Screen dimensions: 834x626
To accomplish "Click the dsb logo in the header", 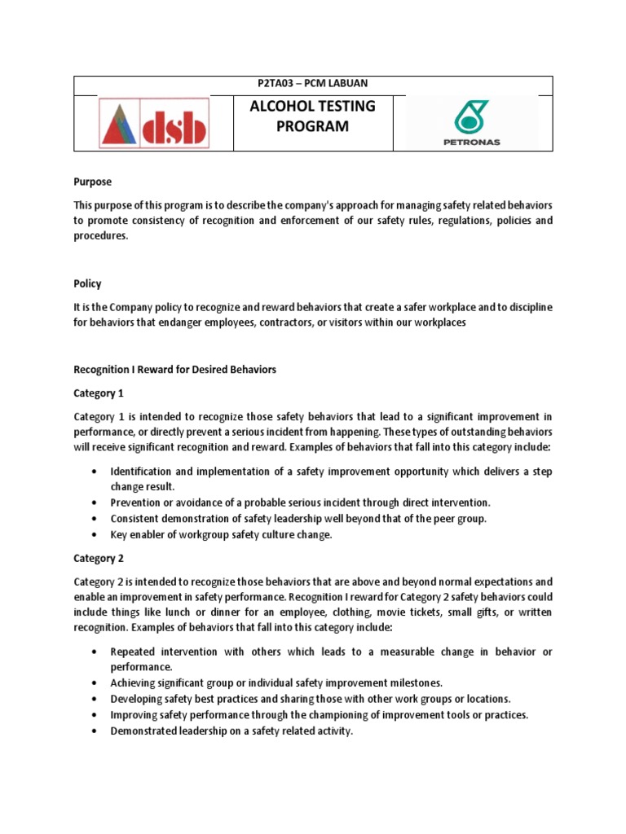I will pos(153,123).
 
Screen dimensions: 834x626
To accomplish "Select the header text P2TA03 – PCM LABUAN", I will pos(313,86).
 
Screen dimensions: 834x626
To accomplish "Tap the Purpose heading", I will pos(93,182).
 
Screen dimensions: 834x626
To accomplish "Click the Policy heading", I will pos(87,283).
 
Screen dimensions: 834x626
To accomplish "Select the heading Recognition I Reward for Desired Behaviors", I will pos(174,369).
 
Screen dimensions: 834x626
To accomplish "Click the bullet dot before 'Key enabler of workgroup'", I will pos(95,535).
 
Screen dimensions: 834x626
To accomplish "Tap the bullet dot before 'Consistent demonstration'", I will pos(95,519).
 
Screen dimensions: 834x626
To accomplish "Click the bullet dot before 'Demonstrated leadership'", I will pos(95,731).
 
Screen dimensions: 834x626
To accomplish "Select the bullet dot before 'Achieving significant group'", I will pos(95,683).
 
